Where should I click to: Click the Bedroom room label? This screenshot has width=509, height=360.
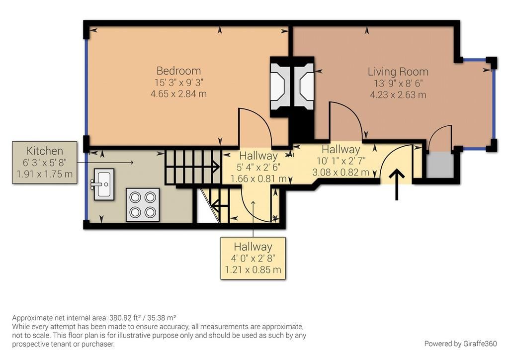click(x=178, y=71)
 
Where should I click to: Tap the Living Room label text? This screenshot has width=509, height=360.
click(x=398, y=72)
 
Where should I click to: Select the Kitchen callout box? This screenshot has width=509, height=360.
click(x=44, y=162)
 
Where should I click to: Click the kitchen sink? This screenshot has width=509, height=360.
click(x=103, y=184)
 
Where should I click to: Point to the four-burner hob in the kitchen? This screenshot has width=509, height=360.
click(x=143, y=205)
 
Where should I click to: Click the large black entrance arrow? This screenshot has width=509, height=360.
click(x=397, y=184)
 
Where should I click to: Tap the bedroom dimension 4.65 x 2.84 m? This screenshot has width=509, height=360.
click(x=178, y=94)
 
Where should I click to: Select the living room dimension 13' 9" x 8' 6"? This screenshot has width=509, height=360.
click(x=398, y=84)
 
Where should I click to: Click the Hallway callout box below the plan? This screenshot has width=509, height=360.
click(x=253, y=258)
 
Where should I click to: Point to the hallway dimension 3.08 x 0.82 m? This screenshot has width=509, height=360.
click(x=340, y=173)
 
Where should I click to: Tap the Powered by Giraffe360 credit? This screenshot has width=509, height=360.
click(x=460, y=344)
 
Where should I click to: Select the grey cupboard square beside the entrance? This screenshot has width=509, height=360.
click(x=439, y=165)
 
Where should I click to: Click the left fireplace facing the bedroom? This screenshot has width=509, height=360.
click(x=279, y=87)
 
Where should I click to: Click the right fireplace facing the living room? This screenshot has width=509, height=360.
click(x=304, y=87)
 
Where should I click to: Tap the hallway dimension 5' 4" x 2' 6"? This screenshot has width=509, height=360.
click(x=258, y=168)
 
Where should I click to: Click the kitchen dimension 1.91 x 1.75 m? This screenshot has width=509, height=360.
click(x=44, y=174)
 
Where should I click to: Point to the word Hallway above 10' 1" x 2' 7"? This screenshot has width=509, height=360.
click(x=341, y=149)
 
